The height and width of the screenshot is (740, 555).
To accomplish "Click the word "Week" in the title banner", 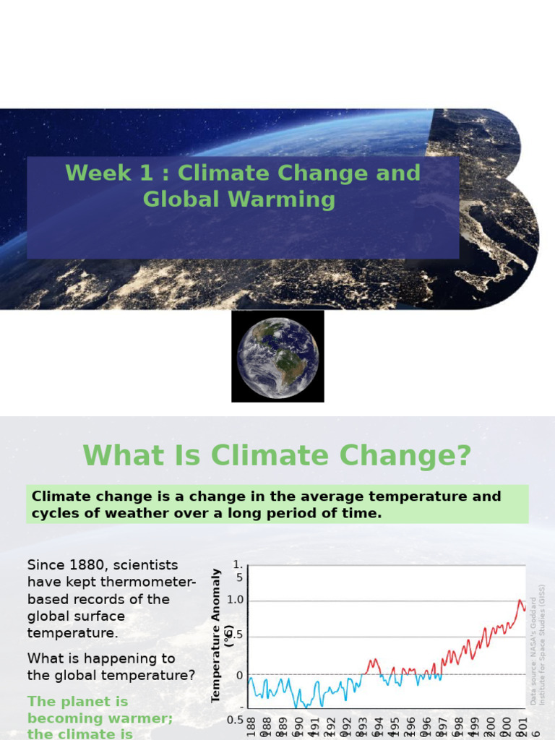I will pyautogui.click(x=89, y=173).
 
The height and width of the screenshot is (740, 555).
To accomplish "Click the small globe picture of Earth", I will pyautogui.click(x=277, y=356).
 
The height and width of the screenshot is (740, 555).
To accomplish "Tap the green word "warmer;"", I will pyautogui.click(x=145, y=718).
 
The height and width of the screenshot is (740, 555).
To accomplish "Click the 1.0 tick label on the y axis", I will pyautogui.click(x=236, y=600).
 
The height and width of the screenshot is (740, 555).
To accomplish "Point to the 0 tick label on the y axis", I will pyautogui.click(x=239, y=675).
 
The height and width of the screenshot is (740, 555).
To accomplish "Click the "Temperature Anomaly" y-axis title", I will pyautogui.click(x=215, y=635).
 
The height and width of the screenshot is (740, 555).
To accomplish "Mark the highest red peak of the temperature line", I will pyautogui.click(x=520, y=601).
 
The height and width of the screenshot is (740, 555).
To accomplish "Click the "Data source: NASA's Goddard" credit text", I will pyautogui.click(x=534, y=650).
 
